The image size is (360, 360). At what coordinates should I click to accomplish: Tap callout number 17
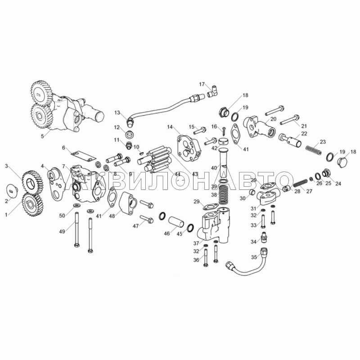[202, 84]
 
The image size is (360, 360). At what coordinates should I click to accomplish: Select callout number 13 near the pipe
[117, 112]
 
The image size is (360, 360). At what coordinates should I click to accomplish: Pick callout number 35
[253, 258]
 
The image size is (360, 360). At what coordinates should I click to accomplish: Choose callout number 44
[177, 174]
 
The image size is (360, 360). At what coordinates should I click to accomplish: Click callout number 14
[170, 126]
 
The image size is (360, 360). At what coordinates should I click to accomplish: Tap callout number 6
[64, 148]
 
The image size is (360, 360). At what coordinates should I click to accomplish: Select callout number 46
[166, 234]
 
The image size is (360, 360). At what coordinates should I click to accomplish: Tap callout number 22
[304, 134]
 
